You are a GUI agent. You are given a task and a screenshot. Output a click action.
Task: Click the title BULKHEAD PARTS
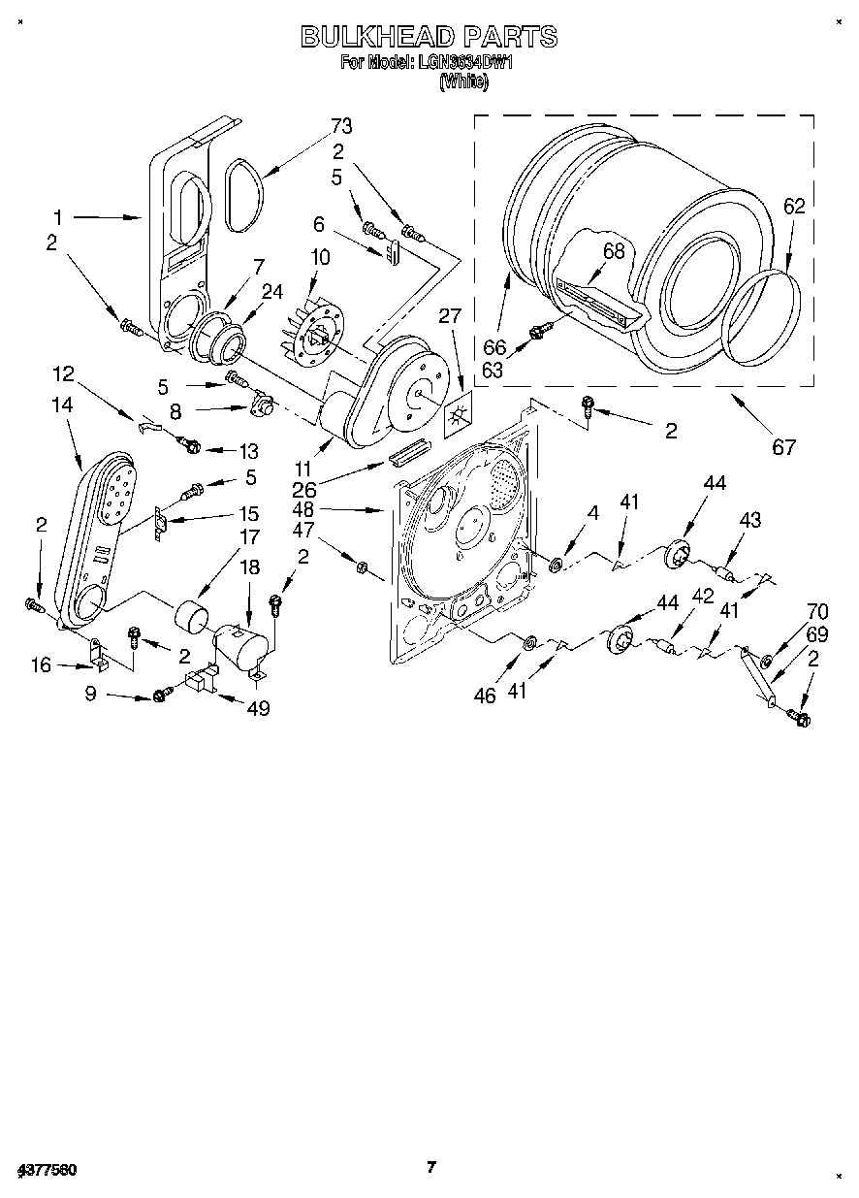(429, 37)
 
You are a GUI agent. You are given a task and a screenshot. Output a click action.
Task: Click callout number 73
(340, 125)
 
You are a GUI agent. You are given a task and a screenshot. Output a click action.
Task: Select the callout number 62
(794, 206)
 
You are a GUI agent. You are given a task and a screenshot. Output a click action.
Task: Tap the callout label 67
(783, 447)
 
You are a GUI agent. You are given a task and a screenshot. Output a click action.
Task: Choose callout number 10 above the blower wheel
(320, 258)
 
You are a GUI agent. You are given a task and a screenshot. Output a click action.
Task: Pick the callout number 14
(62, 405)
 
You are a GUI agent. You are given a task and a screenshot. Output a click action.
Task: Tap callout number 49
(257, 709)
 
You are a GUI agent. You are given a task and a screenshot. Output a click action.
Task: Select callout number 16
(40, 665)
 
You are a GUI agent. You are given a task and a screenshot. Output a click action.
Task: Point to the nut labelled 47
(358, 566)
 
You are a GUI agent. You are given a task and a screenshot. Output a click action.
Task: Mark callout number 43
(749, 521)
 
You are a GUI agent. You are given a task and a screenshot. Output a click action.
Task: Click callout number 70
(817, 612)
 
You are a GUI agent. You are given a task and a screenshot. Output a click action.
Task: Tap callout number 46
(485, 695)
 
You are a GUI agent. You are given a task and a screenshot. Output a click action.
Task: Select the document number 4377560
(47, 1170)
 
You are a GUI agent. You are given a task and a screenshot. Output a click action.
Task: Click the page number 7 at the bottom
(432, 1167)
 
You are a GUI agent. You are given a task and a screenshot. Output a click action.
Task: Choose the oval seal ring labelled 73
(246, 197)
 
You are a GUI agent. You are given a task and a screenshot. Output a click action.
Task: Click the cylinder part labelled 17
(194, 615)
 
